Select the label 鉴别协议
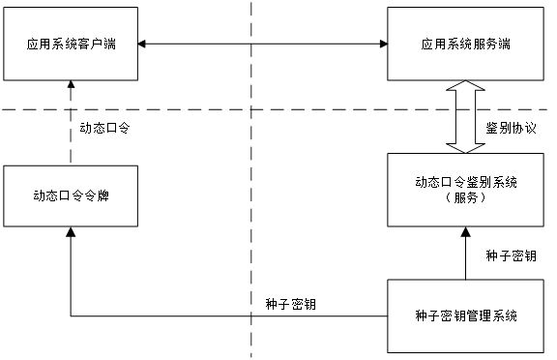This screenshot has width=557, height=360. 511,128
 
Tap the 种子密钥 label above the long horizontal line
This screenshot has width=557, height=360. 289,302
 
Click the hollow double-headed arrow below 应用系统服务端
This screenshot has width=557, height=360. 466,116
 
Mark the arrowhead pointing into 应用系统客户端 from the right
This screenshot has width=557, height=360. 143,44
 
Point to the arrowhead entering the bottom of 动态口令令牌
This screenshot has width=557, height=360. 70,233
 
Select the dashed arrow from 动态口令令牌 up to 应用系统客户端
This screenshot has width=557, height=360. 70,126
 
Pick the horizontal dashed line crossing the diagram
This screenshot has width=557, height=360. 290,109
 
